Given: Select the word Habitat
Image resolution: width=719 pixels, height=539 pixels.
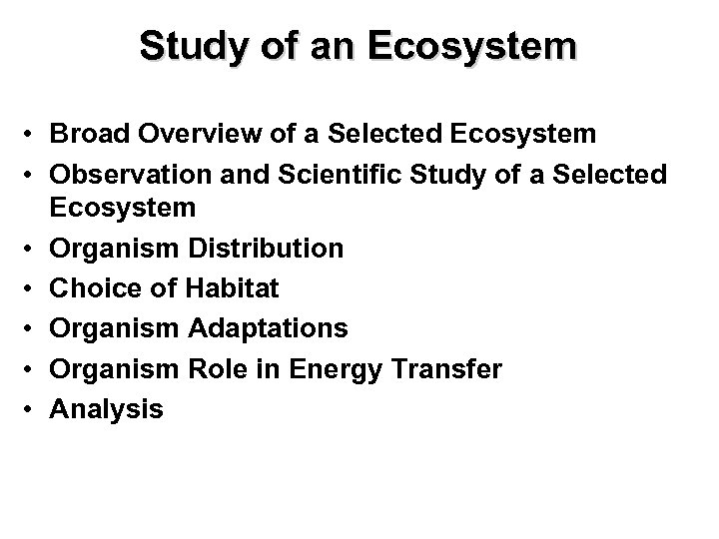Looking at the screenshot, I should (232, 288).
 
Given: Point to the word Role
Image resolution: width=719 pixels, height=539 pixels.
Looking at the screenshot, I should (208, 367).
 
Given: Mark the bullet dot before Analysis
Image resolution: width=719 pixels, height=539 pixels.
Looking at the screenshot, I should (34, 407).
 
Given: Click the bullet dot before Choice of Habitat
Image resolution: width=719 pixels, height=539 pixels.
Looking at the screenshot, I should (34, 289).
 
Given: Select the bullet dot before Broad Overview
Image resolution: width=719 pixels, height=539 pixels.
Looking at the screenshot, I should (34, 134).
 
